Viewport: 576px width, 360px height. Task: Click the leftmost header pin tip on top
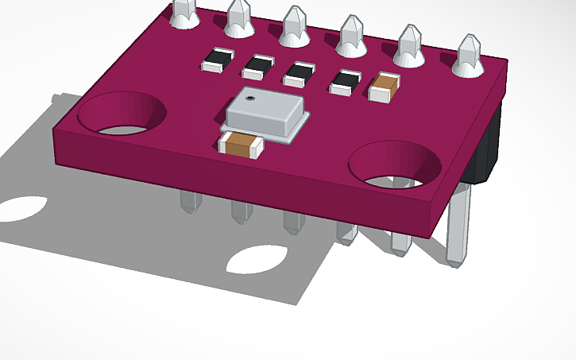[x=184, y=11]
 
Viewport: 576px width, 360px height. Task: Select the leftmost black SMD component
[x=218, y=60]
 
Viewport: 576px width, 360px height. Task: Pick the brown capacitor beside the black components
[x=384, y=87]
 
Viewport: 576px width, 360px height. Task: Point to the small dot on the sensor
[x=249, y=100]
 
